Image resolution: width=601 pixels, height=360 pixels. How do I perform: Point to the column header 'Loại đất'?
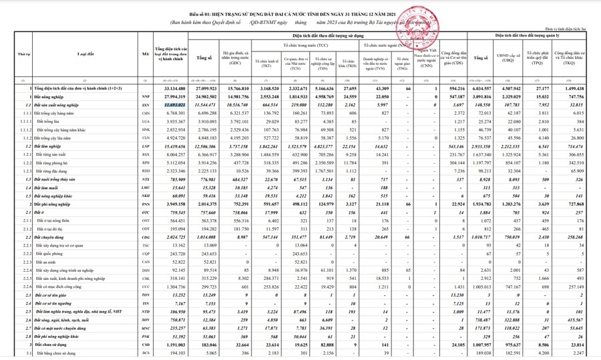point(87,53)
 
